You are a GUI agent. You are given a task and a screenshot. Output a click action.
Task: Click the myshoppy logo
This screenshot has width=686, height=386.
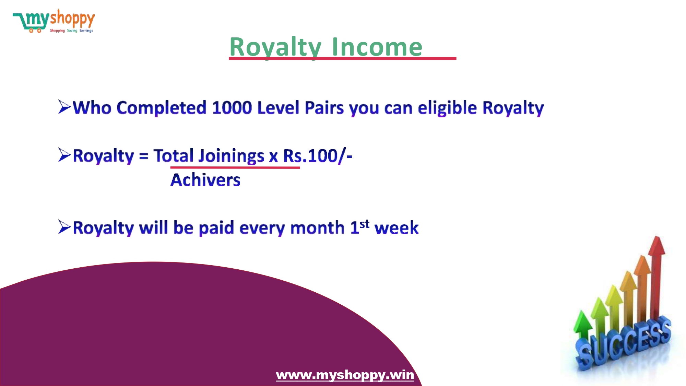click(x=54, y=21)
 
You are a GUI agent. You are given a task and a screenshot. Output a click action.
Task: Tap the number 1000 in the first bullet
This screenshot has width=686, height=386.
click(x=232, y=108)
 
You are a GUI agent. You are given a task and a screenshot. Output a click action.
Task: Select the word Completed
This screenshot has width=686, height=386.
click(x=162, y=108)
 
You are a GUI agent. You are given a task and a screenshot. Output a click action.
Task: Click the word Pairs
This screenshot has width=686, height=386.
click(x=324, y=108)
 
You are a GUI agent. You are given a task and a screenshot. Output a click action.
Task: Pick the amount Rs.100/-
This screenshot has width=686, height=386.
click(x=318, y=156)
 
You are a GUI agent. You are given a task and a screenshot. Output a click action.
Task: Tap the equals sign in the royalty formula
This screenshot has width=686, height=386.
click(x=144, y=156)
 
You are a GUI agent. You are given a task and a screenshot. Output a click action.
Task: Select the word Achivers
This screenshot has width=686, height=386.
click(x=205, y=180)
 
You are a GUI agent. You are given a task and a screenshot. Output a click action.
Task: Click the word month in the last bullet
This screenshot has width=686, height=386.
click(x=317, y=228)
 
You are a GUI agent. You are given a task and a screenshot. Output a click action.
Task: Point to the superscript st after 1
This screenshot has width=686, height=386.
click(x=365, y=224)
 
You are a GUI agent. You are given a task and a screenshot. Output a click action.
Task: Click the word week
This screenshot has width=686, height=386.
click(x=397, y=228)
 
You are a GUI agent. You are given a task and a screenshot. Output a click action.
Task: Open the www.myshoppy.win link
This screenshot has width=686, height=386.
click(x=345, y=375)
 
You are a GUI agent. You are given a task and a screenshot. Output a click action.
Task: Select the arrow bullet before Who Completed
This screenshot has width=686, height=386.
click(x=64, y=107)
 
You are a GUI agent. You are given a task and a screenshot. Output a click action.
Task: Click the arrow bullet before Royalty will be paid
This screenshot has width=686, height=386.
click(x=64, y=227)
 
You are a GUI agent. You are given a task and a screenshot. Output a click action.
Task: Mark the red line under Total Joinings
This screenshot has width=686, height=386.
click(x=235, y=167)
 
